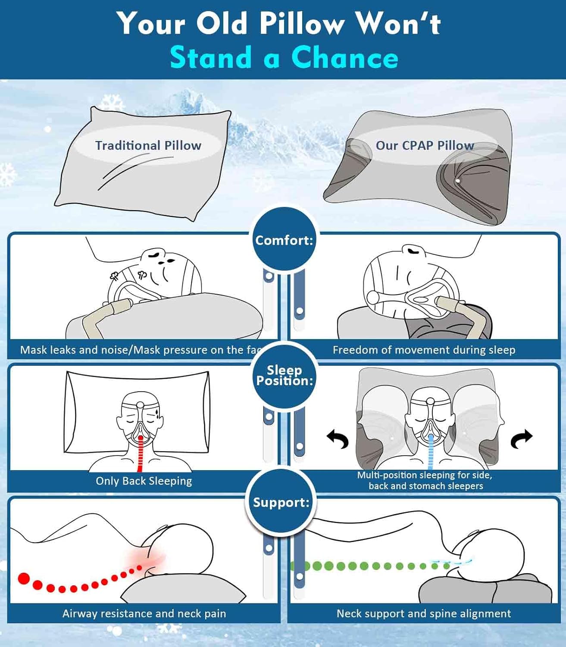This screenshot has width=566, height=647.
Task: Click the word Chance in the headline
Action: pyautogui.click(x=344, y=57)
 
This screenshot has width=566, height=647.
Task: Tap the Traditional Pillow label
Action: pyautogui.click(x=148, y=145)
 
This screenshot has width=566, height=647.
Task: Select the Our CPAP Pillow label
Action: pyautogui.click(x=425, y=145)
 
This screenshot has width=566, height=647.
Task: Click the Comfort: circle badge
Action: pyautogui.click(x=284, y=240)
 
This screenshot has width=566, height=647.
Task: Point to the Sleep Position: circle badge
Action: pyautogui.click(x=284, y=376)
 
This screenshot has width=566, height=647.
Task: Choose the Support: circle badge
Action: pyautogui.click(x=281, y=503)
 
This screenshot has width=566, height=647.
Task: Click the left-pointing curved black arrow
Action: pyautogui.click(x=338, y=438)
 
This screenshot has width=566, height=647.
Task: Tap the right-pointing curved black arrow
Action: pyautogui.click(x=522, y=438)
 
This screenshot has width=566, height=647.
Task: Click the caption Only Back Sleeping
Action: pyautogui.click(x=144, y=481)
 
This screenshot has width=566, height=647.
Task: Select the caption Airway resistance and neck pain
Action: pyautogui.click(x=144, y=613)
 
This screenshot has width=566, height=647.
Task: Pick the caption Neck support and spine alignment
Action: pyautogui.click(x=423, y=613)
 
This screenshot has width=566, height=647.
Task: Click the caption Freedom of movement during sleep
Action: pyautogui.click(x=424, y=350)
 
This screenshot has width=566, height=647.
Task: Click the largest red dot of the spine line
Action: pyautogui.click(x=24, y=578)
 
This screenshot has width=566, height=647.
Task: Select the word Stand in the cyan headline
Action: pyautogui.click(x=210, y=57)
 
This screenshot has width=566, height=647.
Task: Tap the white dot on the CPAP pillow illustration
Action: pyautogui.click(x=458, y=181)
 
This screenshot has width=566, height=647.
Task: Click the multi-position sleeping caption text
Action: pyautogui.click(x=425, y=481)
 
